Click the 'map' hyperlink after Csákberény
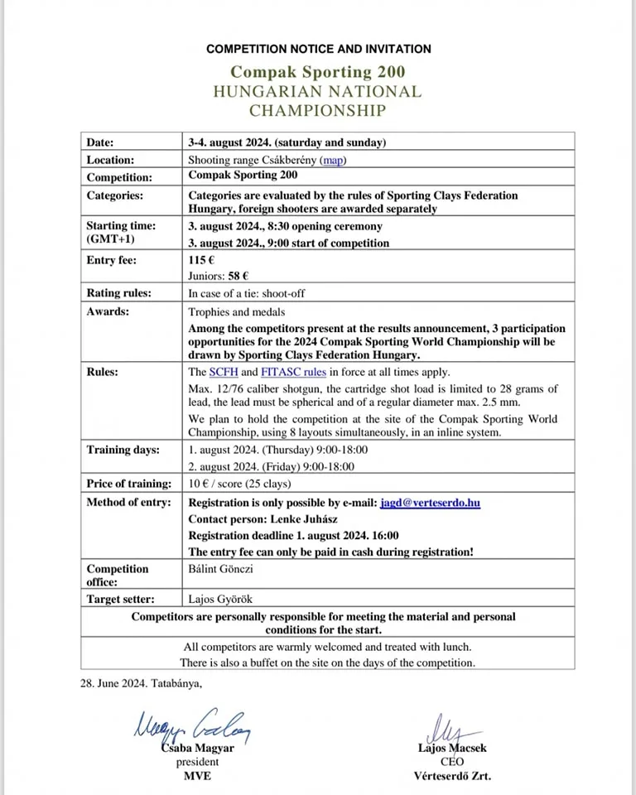[334, 160]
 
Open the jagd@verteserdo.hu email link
[431, 503]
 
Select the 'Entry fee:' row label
[112, 261]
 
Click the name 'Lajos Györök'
[219, 600]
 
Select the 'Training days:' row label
[122, 450]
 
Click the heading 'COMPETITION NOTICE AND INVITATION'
[318, 49]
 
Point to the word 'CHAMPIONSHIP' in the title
[318, 110]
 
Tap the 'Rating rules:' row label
[119, 293]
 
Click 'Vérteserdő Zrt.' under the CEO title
[451, 776]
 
